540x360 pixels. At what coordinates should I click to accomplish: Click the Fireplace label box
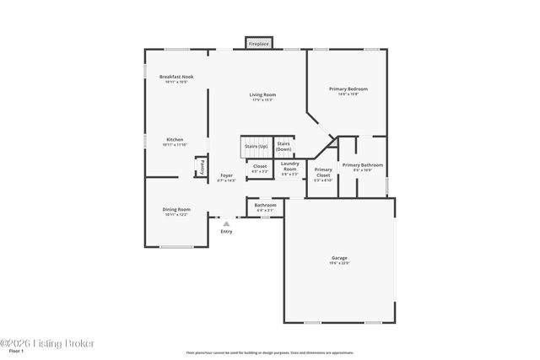coord(258,42)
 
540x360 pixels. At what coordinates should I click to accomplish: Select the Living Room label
coord(262,96)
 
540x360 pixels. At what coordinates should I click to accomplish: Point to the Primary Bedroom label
coord(348,90)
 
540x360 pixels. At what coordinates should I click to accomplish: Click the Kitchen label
coord(175,141)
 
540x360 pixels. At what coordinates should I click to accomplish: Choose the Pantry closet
coord(202,168)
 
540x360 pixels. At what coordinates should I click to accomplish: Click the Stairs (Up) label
coord(256,146)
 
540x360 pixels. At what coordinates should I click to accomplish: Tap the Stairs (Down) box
coord(284,146)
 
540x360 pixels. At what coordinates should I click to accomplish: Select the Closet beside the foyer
coord(260,169)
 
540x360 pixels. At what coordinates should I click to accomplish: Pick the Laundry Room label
coord(289,169)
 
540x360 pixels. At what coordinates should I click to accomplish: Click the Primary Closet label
coord(323,175)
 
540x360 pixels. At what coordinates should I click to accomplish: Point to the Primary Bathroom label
coord(363,167)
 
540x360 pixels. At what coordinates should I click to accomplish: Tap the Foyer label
coord(226,177)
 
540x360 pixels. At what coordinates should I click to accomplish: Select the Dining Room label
coord(176,211)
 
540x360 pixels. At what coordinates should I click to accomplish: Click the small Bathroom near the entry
coord(266,207)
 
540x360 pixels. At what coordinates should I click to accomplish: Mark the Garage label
coord(339,260)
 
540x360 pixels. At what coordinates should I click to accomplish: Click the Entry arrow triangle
coord(226,223)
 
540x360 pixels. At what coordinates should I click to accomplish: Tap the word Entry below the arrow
coord(226,232)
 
